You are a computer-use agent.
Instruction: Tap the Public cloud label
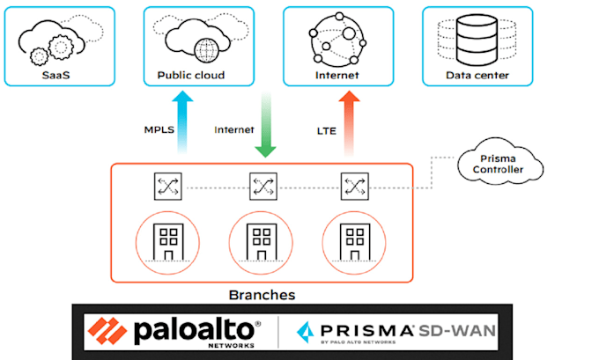click(190, 75)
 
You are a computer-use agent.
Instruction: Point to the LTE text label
click(326, 129)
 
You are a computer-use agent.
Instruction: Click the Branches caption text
click(262, 295)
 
